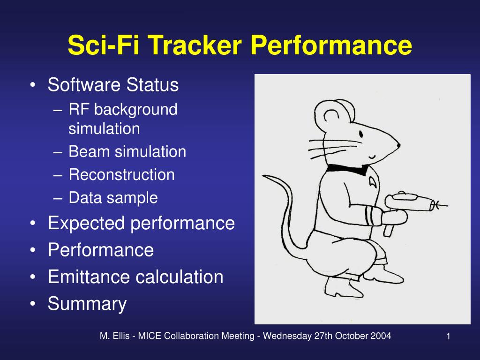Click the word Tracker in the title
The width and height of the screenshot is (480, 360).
(x=196, y=45)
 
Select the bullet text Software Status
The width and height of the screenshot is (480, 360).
(x=113, y=85)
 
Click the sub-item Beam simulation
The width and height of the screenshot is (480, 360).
(x=127, y=152)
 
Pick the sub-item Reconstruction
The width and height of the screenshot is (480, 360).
(x=121, y=175)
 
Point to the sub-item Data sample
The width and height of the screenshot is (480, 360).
(x=113, y=198)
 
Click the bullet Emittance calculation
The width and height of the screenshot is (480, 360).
(x=135, y=277)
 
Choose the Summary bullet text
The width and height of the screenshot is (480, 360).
(x=87, y=304)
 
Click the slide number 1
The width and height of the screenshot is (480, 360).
(x=448, y=336)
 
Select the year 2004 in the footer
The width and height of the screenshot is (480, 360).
(x=382, y=336)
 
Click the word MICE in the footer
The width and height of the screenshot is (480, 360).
(x=150, y=336)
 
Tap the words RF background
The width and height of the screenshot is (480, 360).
(x=123, y=110)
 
